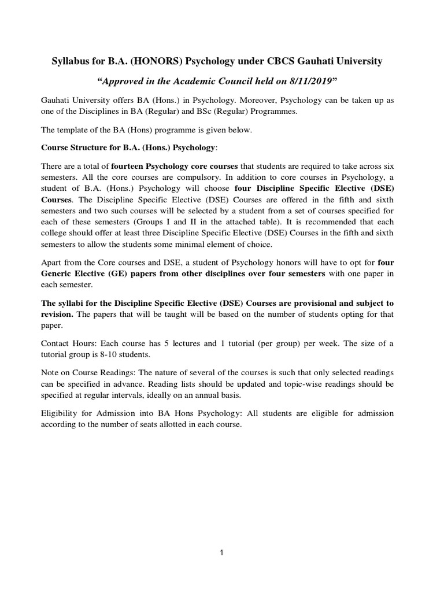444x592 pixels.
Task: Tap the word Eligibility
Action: coord(62,413)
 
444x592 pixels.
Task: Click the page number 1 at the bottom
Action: coord(222,552)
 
